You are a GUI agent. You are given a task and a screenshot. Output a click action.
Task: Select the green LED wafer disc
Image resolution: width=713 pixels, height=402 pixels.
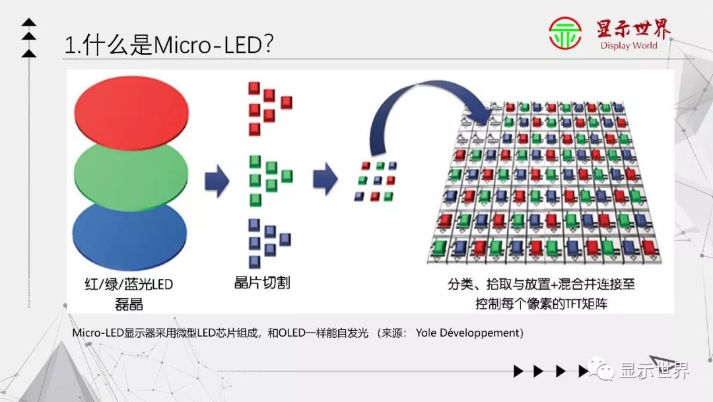pyautogui.click(x=132, y=175)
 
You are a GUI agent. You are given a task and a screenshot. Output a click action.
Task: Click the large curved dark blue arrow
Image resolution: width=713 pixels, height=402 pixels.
pyautogui.click(x=423, y=106)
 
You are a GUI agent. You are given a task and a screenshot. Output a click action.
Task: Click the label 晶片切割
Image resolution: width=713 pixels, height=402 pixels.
pyautogui.click(x=262, y=283)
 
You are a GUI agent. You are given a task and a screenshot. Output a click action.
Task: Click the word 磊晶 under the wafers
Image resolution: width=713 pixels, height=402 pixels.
pyautogui.click(x=128, y=304)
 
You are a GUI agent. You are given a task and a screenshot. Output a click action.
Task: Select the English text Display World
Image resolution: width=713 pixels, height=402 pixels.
pyautogui.click(x=628, y=46)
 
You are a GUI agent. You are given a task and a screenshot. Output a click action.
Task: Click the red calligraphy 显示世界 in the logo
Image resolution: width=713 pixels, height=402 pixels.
pyautogui.click(x=632, y=29)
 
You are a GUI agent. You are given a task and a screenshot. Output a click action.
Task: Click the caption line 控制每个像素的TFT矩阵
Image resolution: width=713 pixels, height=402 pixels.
pyautogui.click(x=541, y=304)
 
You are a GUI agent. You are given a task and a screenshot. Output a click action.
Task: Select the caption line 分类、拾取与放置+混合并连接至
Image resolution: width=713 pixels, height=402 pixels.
pyautogui.click(x=541, y=284)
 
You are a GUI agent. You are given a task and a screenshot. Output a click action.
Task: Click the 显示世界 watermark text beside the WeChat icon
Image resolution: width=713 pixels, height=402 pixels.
pyautogui.click(x=654, y=370)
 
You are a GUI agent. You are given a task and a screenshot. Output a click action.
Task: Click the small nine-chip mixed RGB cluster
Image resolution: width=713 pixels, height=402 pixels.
pyautogui.click(x=376, y=180)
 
